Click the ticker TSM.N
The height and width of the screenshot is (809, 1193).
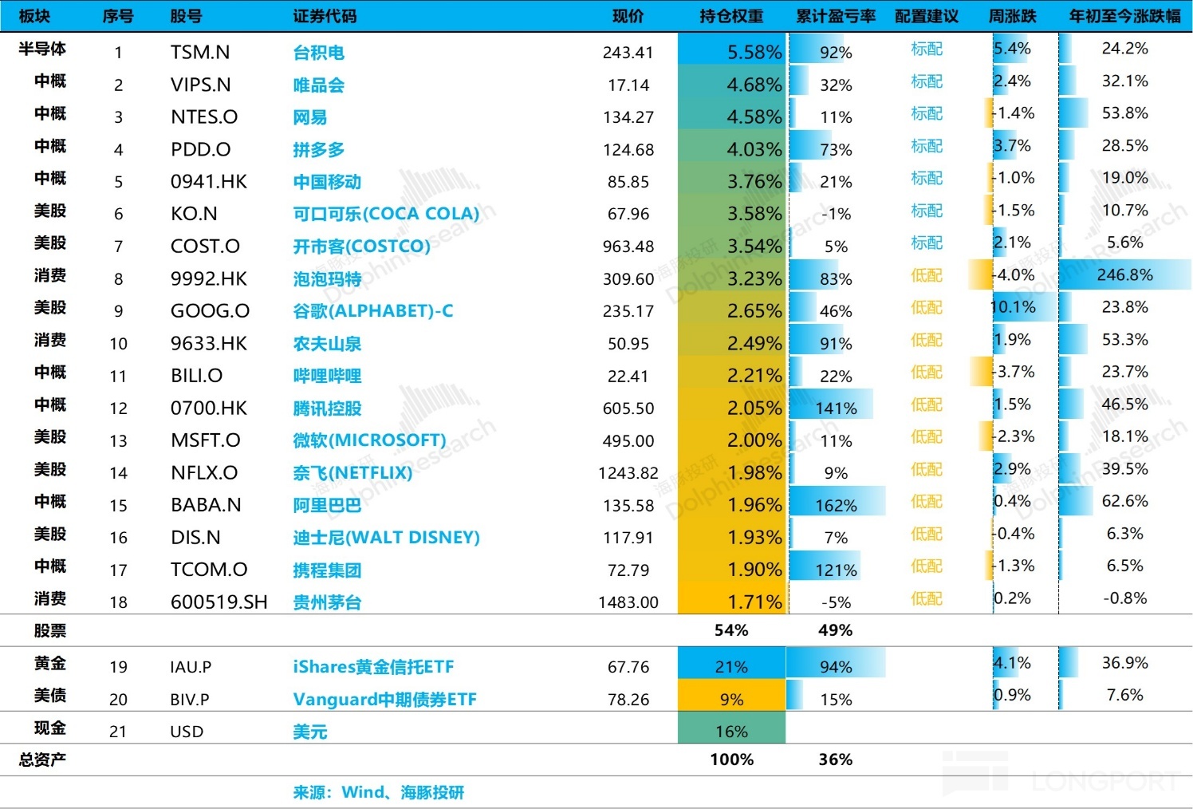pyautogui.click(x=200, y=53)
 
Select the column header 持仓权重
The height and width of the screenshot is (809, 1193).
pyautogui.click(x=731, y=16)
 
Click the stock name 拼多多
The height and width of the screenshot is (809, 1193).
pyautogui.click(x=318, y=150)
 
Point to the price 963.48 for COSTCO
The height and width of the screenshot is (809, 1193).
pyautogui.click(x=628, y=247)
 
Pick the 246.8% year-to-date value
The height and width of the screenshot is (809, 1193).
pyautogui.click(x=1124, y=275)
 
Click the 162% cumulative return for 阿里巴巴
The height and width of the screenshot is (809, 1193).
pyautogui.click(x=836, y=506)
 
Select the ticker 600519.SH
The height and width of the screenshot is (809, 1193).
pyautogui.click(x=219, y=602)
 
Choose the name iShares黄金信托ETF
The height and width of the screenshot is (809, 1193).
pyautogui.click(x=373, y=667)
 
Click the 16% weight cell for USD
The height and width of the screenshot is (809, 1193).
pyautogui.click(x=731, y=732)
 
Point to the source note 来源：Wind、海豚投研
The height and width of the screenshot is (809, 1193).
pyautogui.click(x=378, y=792)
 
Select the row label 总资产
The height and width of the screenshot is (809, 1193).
pyautogui.click(x=42, y=760)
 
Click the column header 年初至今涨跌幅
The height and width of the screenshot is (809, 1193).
pyautogui.click(x=1124, y=16)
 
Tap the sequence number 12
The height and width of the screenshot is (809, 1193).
pyautogui.click(x=118, y=408)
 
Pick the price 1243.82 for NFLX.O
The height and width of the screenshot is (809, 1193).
pyautogui.click(x=628, y=473)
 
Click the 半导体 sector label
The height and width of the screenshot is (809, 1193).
pyautogui.click(x=42, y=49)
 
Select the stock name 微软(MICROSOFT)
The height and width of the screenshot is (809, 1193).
pyautogui.click(x=369, y=440)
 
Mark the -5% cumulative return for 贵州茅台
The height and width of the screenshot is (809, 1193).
pyautogui.click(x=836, y=602)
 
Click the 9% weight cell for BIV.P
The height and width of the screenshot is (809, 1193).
pyautogui.click(x=731, y=700)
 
